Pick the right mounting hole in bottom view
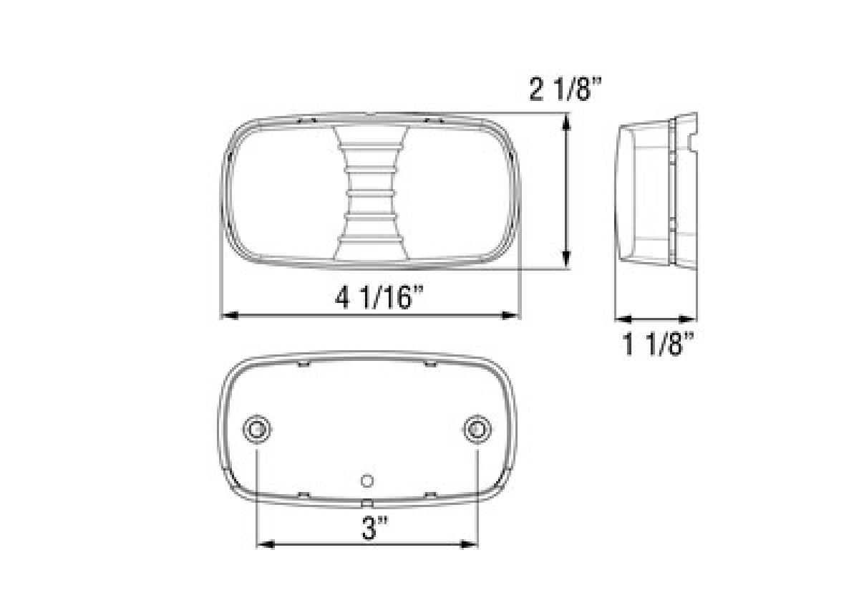coord(477,429)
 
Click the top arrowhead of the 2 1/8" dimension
coord(567,124)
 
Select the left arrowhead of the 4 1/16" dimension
coord(228,315)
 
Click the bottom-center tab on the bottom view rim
coord(367,503)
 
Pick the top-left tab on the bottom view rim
coord(303,365)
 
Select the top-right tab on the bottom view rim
coord(430,365)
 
